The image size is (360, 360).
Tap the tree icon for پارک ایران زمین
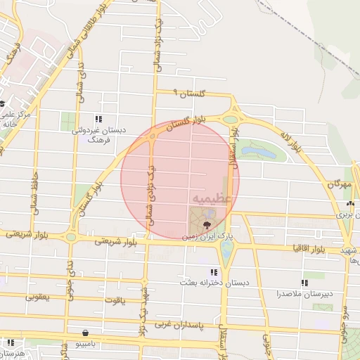pos(206,224)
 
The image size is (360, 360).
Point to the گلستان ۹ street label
pos(190,94)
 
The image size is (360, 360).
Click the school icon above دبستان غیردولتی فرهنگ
pos(98,119)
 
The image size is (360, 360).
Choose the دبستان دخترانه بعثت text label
pos(212,283)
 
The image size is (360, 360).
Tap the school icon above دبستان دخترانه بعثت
pos(213,272)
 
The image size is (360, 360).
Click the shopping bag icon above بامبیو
pos(85,333)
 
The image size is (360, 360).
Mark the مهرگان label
pos(339,184)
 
